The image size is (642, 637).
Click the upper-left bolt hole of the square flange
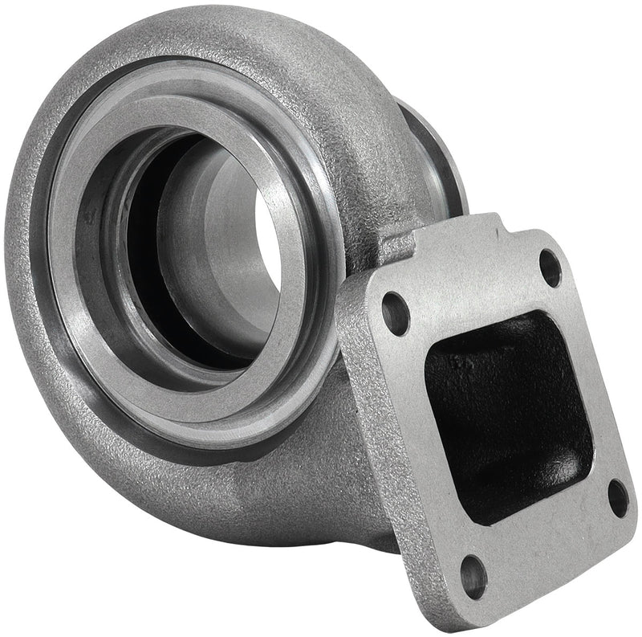tap(395, 314)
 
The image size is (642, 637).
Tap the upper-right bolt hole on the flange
tap(550, 267)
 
